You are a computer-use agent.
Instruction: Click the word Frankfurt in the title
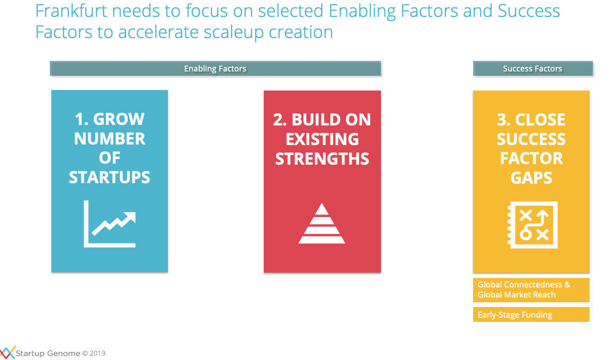71,11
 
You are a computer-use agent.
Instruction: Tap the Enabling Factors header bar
216,68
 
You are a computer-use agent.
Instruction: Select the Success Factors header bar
532,68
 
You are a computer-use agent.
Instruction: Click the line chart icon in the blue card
110,224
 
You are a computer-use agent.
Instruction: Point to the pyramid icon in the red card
322,224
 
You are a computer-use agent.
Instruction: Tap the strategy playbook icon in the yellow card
532,225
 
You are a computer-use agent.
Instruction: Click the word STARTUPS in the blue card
110,178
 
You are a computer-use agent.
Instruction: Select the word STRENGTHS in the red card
322,159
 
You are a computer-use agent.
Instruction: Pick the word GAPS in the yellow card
531,178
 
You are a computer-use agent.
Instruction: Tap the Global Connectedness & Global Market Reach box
531,290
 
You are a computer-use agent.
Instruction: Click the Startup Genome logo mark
7,353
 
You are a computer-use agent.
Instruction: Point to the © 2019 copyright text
94,353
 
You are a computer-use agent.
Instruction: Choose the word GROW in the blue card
119,119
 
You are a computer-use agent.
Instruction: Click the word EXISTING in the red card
322,139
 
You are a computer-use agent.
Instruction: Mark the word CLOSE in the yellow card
540,120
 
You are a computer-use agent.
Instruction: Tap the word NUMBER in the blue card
110,139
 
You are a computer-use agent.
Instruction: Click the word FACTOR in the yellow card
531,158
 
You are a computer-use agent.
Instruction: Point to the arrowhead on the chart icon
130,218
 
